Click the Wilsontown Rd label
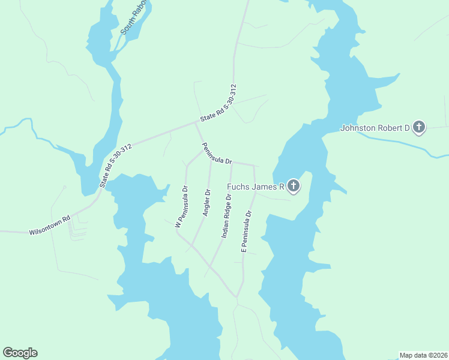(x=50, y=224)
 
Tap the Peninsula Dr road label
(x=217, y=154)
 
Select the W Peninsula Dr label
(x=181, y=206)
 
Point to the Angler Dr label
(x=207, y=203)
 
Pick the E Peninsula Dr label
(x=245, y=230)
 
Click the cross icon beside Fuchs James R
(x=293, y=186)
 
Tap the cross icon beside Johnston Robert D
(x=419, y=127)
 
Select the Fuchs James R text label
(x=255, y=187)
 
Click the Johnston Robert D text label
(x=375, y=128)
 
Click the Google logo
(x=20, y=353)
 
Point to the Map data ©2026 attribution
(x=423, y=355)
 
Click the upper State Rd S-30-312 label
(x=219, y=104)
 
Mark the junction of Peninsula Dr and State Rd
(x=196, y=122)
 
